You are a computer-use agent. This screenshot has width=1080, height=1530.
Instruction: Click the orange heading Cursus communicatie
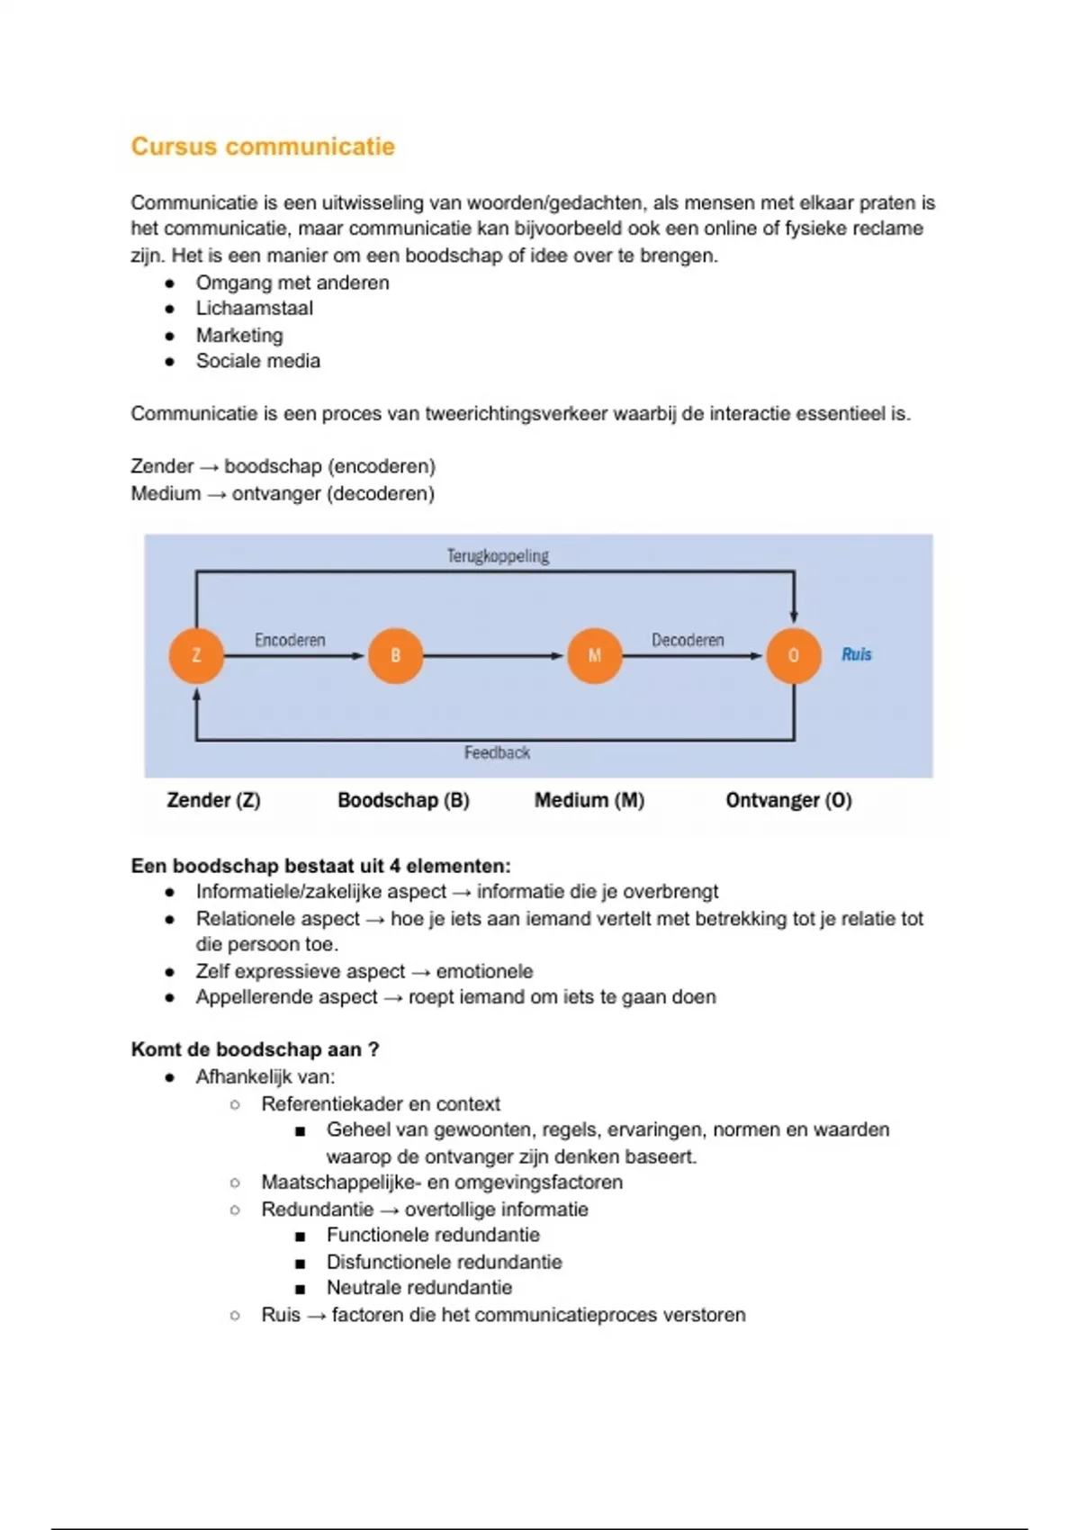click(263, 147)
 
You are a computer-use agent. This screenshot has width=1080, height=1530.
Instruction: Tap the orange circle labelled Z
click(196, 655)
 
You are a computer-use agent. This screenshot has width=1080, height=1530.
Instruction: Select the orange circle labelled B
click(395, 655)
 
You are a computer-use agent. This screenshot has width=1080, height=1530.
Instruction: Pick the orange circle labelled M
click(594, 655)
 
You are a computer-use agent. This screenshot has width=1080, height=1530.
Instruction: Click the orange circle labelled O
click(793, 655)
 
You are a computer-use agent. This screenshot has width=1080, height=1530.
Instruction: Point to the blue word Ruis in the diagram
click(856, 654)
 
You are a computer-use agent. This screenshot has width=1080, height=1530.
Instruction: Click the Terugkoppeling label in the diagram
click(498, 556)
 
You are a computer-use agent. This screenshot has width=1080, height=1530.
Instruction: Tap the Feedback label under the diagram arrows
click(497, 752)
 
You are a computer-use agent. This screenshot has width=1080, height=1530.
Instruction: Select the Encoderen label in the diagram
click(290, 640)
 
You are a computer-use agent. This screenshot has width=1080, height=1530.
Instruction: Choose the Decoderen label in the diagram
click(688, 640)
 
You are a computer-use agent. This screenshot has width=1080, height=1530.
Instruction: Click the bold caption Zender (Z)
click(213, 800)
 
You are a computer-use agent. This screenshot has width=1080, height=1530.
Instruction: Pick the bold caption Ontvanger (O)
click(788, 800)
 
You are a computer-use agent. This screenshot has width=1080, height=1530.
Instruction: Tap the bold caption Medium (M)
click(589, 800)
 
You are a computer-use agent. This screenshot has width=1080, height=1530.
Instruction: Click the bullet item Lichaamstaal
click(255, 308)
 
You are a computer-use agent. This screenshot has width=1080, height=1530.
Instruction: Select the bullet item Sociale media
click(258, 361)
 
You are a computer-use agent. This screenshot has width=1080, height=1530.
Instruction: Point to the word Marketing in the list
click(239, 335)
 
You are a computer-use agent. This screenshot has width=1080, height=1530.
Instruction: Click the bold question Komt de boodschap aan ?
click(255, 1049)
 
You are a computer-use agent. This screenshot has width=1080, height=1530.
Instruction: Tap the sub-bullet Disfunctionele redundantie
click(444, 1262)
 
